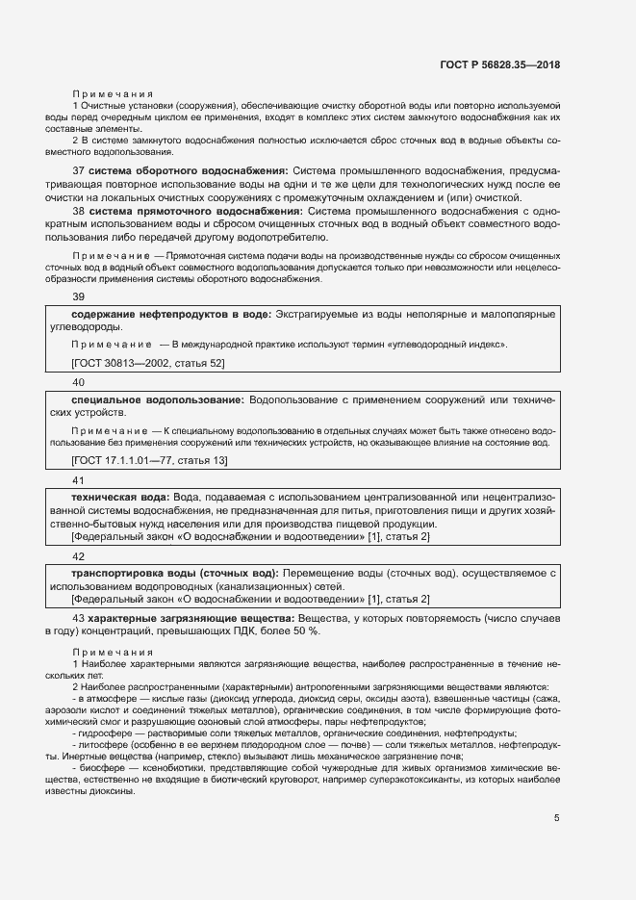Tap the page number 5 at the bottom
point(557,818)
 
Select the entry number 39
point(79,297)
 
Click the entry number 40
point(79,382)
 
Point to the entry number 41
point(79,479)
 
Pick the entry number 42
point(79,556)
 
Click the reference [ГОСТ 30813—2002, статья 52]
point(148,362)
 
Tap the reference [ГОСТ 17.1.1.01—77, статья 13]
point(149,461)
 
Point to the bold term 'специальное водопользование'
point(158,399)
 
